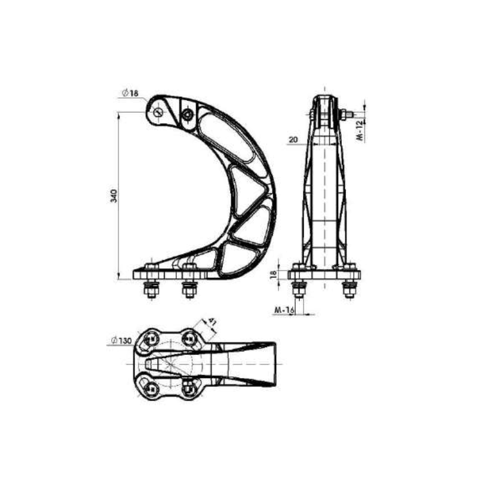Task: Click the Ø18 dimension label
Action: (x=130, y=93)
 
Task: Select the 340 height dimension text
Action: (x=114, y=195)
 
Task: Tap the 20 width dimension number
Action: (x=293, y=140)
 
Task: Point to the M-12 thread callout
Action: (x=361, y=128)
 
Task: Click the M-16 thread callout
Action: (x=283, y=310)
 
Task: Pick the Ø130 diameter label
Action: (x=121, y=341)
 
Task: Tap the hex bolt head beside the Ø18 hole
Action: (x=188, y=113)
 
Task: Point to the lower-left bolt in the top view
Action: (x=149, y=387)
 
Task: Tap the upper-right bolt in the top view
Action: (x=189, y=338)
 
